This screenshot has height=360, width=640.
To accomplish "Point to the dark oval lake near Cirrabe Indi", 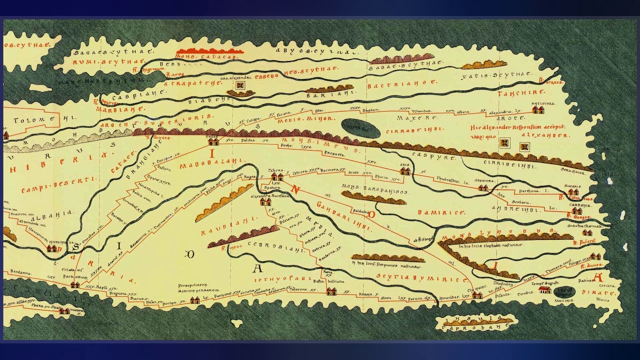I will (361, 128).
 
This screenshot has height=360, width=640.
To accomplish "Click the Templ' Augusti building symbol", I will (544, 289).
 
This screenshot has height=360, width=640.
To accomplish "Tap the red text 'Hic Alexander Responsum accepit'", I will (517, 127).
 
